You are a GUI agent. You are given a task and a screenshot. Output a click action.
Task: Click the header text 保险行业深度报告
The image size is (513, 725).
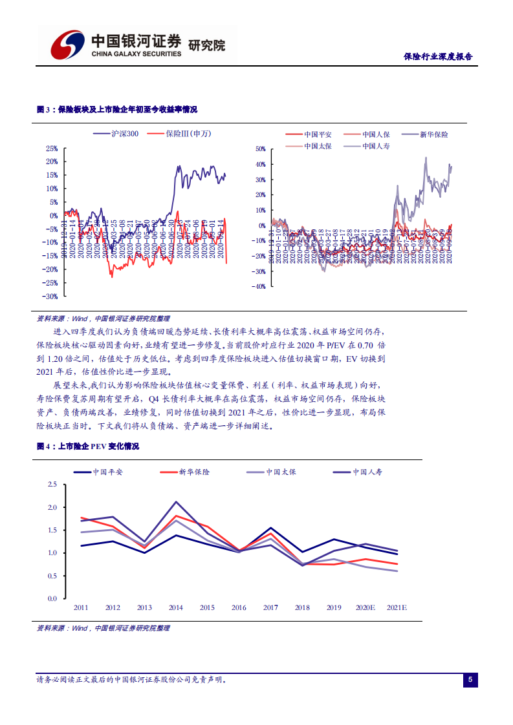437,57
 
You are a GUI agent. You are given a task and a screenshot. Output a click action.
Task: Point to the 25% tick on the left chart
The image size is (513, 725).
52,148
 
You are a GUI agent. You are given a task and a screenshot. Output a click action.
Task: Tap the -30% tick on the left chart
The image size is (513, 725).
51,297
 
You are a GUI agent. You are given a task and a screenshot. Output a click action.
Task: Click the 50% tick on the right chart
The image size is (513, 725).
261,149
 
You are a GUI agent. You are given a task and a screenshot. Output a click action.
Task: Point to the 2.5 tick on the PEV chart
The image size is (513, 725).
52,484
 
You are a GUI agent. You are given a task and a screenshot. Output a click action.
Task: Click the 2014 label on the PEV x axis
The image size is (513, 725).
175,608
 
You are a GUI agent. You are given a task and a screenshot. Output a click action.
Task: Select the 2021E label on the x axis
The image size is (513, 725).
397,608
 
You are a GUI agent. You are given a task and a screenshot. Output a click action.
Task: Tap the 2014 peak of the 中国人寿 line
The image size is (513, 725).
176,501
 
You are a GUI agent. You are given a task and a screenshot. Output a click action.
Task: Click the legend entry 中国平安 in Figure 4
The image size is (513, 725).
107,472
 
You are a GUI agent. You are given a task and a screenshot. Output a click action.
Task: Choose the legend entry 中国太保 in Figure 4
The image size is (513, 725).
281,472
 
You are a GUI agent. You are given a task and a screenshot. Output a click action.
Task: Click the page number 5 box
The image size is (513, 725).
470,680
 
